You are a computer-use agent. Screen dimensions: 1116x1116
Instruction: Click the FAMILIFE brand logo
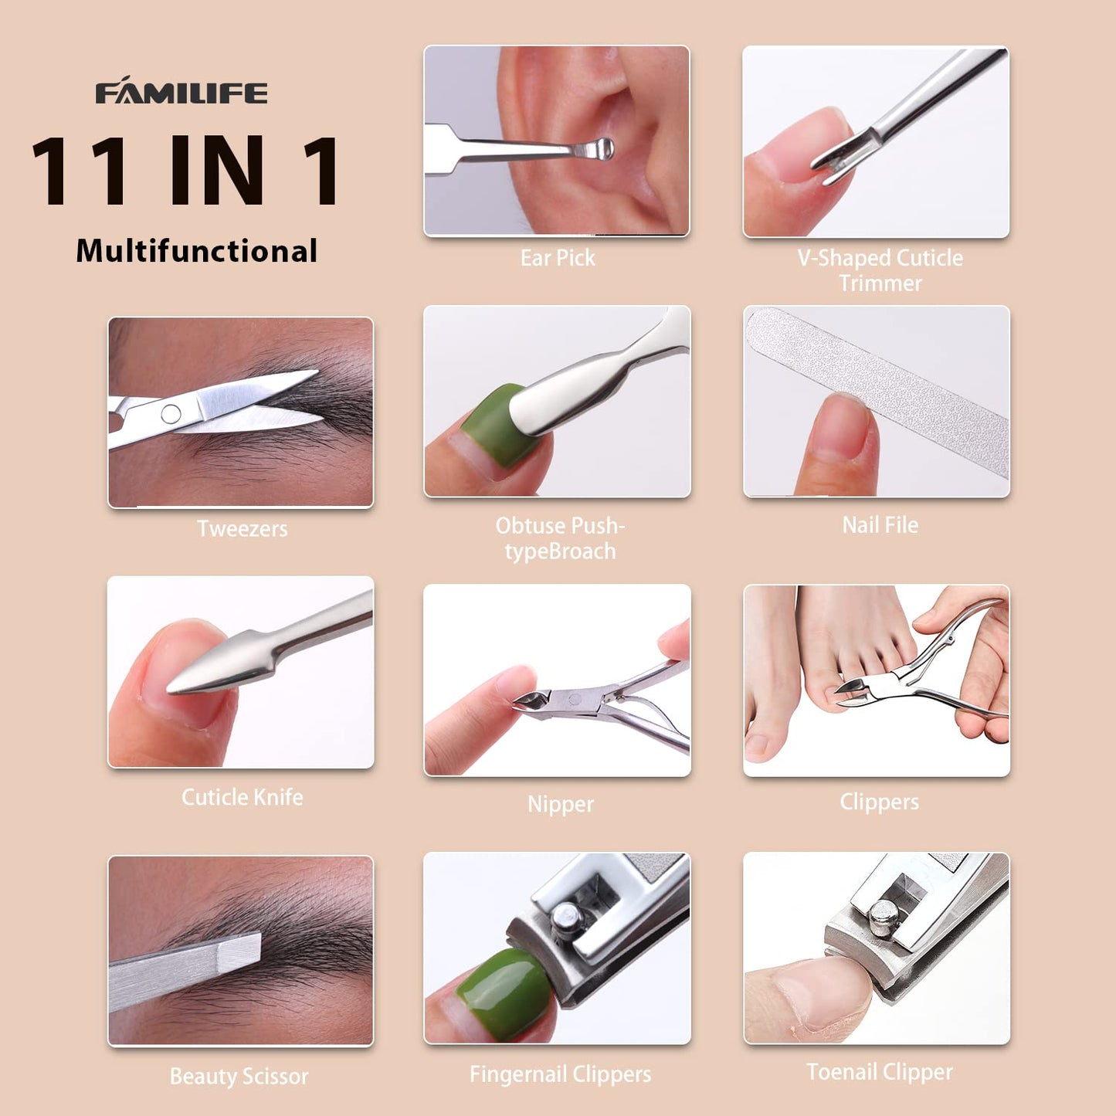point(181,92)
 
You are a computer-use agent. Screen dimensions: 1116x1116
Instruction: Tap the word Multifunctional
point(196,251)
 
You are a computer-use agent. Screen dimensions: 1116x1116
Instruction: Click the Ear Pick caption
point(557,258)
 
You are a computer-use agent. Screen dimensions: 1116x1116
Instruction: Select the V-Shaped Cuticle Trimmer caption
point(880,270)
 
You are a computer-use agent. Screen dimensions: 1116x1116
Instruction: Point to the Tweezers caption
point(242,529)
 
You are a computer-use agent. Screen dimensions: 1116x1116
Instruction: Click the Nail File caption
point(880,525)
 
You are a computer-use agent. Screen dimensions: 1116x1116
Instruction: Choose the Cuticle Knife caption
point(242,797)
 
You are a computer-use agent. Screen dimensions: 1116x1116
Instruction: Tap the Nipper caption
point(560,804)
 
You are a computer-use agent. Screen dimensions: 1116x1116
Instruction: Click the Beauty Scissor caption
point(239,1076)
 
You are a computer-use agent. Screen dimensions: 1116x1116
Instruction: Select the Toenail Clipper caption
point(879,1072)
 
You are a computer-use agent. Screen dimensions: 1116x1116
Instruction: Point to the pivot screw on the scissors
point(171,414)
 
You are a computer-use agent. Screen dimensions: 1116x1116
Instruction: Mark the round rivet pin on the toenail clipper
point(884,918)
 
